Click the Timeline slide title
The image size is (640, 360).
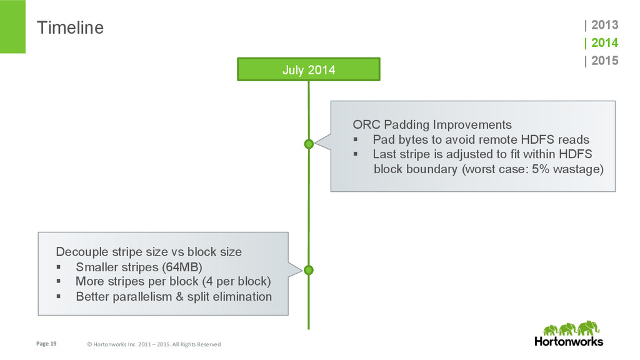coord(70,27)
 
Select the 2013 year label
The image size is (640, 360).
coord(604,25)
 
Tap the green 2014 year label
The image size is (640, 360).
coord(604,42)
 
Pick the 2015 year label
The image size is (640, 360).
coord(604,61)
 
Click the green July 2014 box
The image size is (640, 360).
coord(309,69)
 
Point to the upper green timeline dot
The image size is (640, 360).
coord(309,144)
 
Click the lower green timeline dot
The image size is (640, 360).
coord(309,270)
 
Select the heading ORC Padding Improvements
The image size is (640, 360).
coord(432,124)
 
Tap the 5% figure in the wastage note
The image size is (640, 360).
coord(540,169)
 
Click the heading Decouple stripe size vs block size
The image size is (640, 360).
coord(149,252)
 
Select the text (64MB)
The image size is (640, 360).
coord(182,267)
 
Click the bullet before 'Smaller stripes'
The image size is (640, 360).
coord(59,267)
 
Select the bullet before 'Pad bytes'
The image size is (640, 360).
coord(356,139)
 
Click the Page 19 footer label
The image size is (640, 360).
coord(46,344)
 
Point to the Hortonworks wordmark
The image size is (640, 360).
coord(569,341)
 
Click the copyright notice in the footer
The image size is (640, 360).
coord(154,344)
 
